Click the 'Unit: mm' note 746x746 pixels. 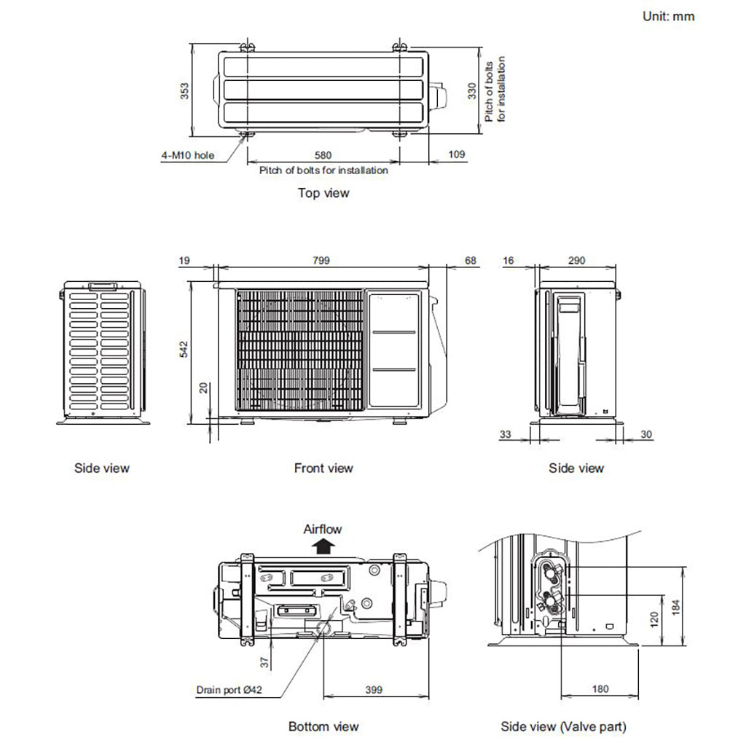(668, 16)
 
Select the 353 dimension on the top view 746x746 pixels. (185, 90)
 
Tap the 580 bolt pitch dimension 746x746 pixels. (323, 155)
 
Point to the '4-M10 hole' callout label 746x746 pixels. (188, 155)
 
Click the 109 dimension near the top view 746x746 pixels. (457, 155)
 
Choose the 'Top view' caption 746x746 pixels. (323, 193)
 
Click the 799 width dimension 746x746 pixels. (321, 260)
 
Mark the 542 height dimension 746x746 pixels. (184, 349)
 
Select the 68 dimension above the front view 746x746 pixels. (470, 260)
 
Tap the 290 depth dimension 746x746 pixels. (576, 260)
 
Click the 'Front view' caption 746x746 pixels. (323, 468)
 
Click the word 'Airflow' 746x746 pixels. (322, 530)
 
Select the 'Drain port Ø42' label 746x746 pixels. (229, 689)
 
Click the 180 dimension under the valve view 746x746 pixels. (600, 689)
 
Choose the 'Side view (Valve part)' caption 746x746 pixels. (563, 726)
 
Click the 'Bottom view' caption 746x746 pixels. (323, 726)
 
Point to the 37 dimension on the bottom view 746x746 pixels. (264, 661)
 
